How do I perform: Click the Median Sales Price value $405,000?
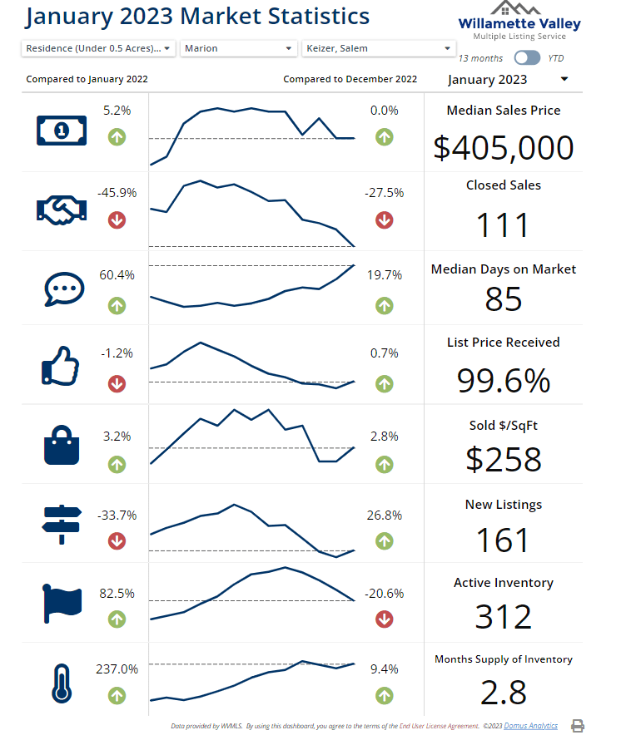pos(504,147)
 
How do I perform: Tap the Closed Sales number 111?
pos(503,225)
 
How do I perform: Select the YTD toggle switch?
pos(527,58)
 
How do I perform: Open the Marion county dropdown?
pos(239,48)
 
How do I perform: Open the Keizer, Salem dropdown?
pos(377,48)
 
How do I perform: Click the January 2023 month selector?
pos(508,80)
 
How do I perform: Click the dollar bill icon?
pos(61,130)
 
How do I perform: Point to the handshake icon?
pos(61,209)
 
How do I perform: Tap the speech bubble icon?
pos(62,289)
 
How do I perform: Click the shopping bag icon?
pos(62,444)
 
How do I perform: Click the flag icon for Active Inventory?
pos(61,603)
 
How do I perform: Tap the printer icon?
pos(578,726)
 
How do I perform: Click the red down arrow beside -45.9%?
pos(117,220)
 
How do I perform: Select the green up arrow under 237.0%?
pos(117,695)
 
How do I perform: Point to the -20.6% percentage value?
pos(384,594)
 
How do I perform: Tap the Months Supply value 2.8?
pos(503,692)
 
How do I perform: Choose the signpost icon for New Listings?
pos(61,524)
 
